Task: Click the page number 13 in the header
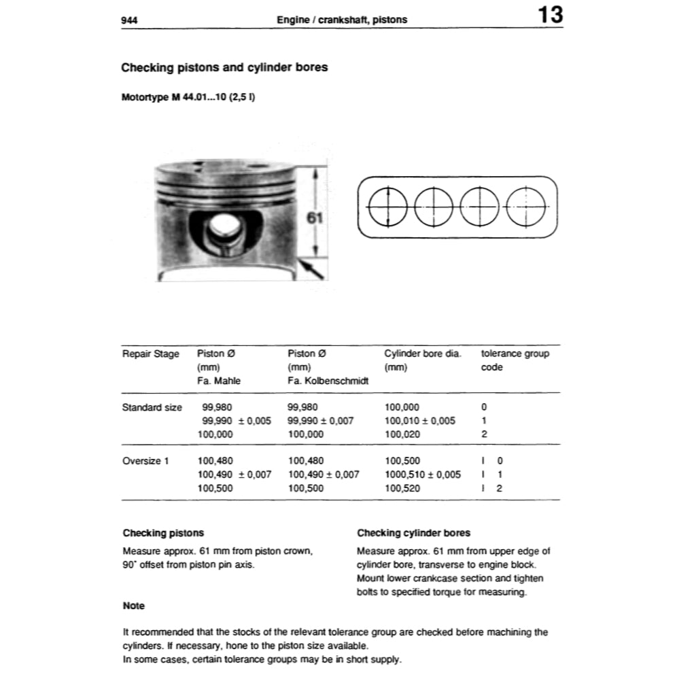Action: pyautogui.click(x=550, y=15)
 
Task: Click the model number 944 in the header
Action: pyautogui.click(x=129, y=20)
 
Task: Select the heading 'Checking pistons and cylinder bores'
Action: pyautogui.click(x=224, y=67)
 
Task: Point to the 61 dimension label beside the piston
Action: pyautogui.click(x=314, y=218)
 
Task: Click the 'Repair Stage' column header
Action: pyautogui.click(x=151, y=353)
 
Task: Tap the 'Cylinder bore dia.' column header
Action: pyautogui.click(x=423, y=353)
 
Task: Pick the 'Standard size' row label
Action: pyautogui.click(x=152, y=407)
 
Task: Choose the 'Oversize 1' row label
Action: pyautogui.click(x=146, y=461)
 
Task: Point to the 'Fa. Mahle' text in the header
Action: pyautogui.click(x=219, y=381)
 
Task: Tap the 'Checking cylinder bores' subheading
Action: pyautogui.click(x=413, y=533)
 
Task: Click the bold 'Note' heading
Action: pyautogui.click(x=134, y=606)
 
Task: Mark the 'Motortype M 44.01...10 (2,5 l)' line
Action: pyautogui.click(x=188, y=97)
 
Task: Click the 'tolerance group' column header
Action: pyautogui.click(x=515, y=353)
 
